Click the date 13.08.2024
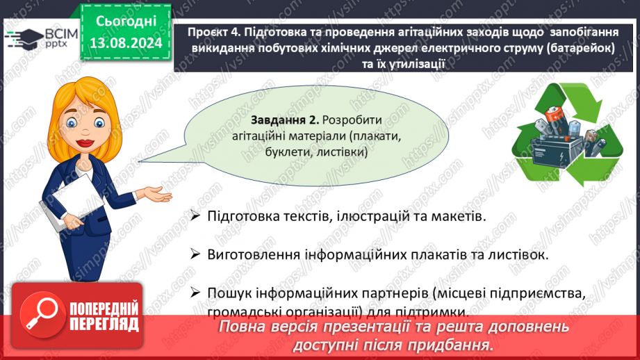pos(126,43)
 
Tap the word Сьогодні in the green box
pos(126,22)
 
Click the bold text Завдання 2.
pos(284,120)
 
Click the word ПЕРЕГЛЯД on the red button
pos(104,325)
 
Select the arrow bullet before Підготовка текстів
pos(195,215)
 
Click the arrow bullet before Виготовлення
pos(195,254)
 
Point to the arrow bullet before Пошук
pos(195,293)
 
